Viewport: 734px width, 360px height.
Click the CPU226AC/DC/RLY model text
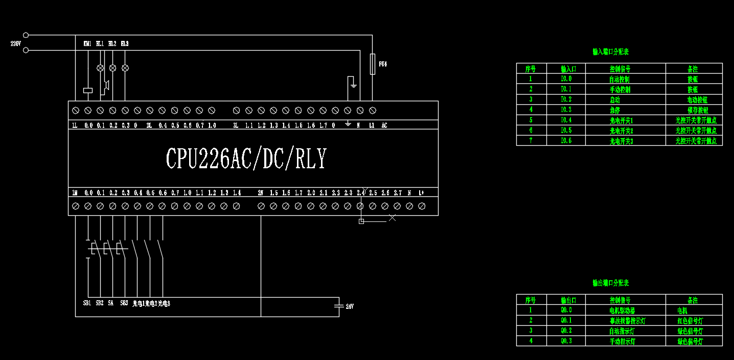[246, 159]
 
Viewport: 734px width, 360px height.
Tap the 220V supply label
[15, 43]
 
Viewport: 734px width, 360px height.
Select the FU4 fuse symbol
[372, 64]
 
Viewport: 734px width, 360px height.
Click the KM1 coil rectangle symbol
[88, 91]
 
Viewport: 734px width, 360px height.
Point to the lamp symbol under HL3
[125, 67]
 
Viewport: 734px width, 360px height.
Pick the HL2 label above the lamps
[112, 44]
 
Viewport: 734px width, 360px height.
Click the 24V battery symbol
[338, 306]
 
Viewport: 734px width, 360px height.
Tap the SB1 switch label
[87, 303]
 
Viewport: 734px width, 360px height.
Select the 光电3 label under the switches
[164, 303]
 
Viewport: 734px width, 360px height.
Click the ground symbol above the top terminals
[353, 82]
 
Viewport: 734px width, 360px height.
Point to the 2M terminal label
[260, 193]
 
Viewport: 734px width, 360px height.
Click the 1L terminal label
[75, 125]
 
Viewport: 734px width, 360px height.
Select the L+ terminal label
[421, 193]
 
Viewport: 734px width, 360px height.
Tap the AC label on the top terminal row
[384, 125]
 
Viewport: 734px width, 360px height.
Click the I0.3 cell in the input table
[566, 110]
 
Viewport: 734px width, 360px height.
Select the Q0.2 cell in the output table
[566, 331]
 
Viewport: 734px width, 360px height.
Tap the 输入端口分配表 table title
[610, 52]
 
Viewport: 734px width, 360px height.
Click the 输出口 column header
[566, 300]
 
